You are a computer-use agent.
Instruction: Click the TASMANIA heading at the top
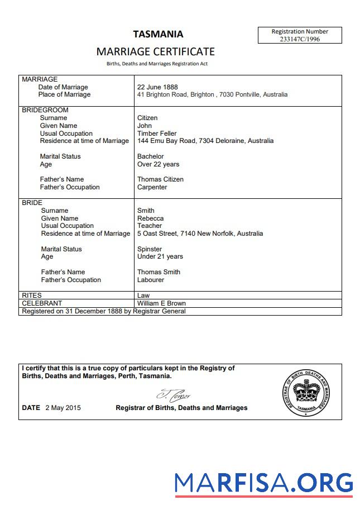158,34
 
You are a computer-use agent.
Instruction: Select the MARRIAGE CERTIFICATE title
155,51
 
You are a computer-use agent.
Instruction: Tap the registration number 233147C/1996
300,39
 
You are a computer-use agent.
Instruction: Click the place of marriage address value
212,95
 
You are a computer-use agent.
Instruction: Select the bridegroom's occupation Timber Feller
157,134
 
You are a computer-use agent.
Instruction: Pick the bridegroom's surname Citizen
147,118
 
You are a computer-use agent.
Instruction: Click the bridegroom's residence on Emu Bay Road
205,141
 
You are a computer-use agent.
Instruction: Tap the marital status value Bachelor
151,156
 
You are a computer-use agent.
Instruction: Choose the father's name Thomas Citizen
160,179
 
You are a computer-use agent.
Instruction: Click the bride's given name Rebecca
151,218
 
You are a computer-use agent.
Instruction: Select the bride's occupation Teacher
150,226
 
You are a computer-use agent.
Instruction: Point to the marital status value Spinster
150,249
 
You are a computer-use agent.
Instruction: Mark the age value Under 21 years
160,257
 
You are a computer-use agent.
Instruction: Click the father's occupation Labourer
151,280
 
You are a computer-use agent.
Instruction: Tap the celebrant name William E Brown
161,303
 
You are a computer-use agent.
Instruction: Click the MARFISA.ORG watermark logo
263,483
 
